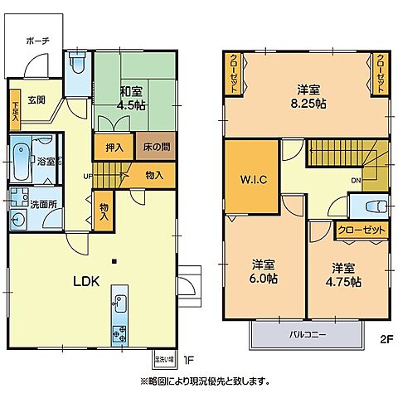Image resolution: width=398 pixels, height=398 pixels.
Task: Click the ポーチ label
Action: [37, 40]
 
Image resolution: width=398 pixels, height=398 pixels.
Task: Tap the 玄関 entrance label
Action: [36, 100]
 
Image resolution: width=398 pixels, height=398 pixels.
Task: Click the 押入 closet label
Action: [114, 148]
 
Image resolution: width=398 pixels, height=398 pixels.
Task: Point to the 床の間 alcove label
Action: [155, 148]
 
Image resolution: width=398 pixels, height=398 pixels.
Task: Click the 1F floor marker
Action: [188, 360]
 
